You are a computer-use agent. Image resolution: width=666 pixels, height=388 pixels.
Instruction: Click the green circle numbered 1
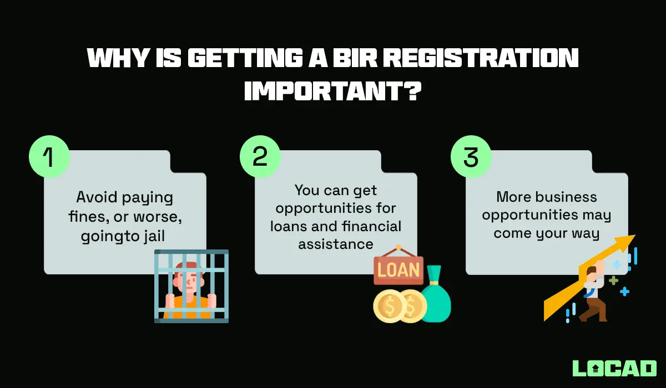click(x=49, y=157)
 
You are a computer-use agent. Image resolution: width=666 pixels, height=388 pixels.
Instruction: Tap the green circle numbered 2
click(x=260, y=157)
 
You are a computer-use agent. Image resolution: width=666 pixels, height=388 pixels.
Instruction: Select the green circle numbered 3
click(x=471, y=157)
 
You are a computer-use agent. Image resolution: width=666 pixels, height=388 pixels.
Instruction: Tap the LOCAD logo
click(x=614, y=368)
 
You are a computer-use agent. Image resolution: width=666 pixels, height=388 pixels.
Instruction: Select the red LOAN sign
click(x=398, y=270)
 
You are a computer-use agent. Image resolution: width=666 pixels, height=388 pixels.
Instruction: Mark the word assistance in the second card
click(x=335, y=244)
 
